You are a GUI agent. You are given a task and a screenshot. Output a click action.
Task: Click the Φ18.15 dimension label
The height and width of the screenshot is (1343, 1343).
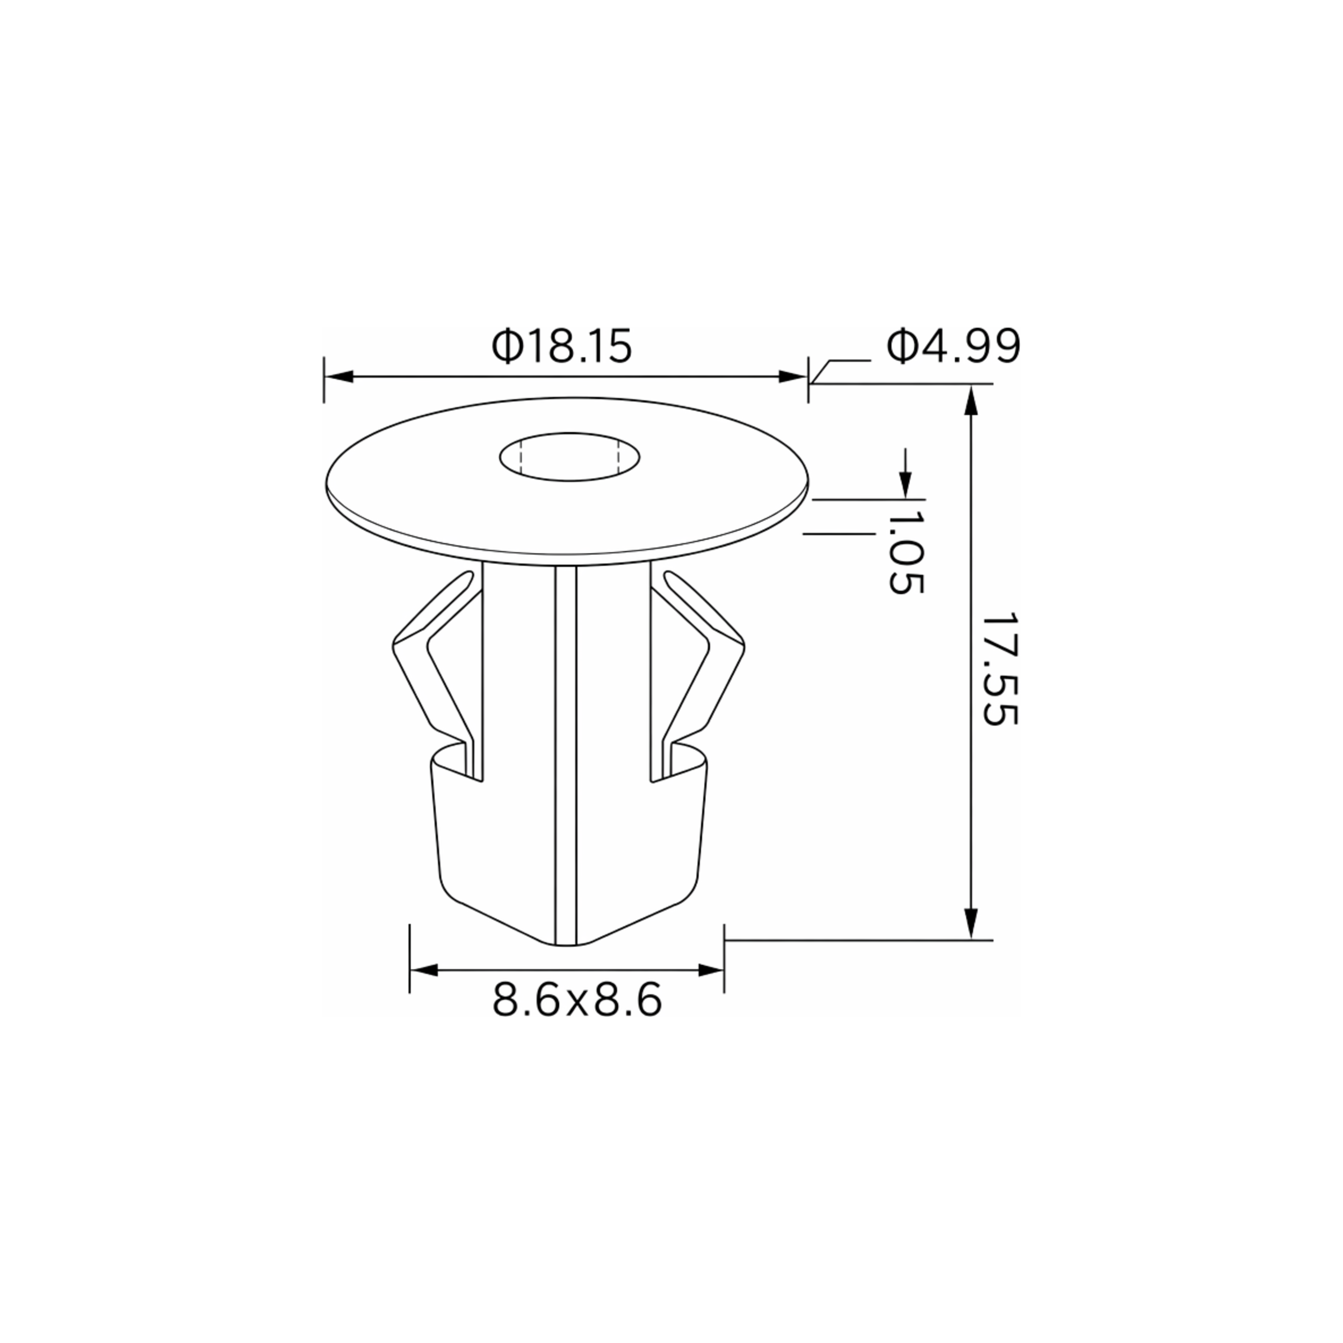pyautogui.click(x=562, y=347)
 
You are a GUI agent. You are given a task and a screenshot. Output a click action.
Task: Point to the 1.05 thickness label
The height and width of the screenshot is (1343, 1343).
pyautogui.click(x=908, y=553)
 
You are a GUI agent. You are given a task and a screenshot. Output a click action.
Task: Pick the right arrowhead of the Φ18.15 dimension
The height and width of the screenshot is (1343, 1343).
pyautogui.click(x=792, y=377)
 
